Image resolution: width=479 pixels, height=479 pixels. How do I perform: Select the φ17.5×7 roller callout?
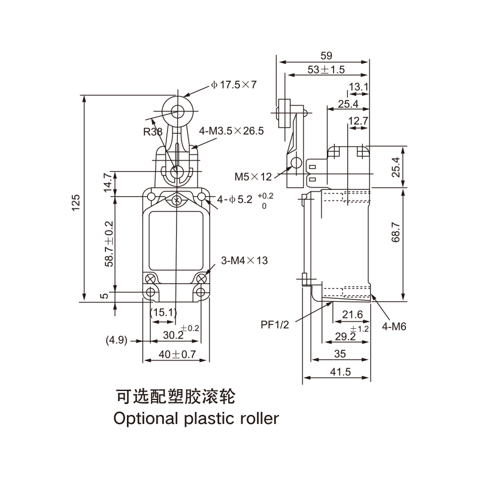pyautogui.click(x=234, y=85)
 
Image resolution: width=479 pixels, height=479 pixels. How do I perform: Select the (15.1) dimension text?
pyautogui.click(x=162, y=312)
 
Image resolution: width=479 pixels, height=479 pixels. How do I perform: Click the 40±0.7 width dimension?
pyautogui.click(x=176, y=354)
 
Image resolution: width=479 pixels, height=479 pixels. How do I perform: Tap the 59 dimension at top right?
pyautogui.click(x=325, y=55)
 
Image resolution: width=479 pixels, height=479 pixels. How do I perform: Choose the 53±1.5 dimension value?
pyautogui.click(x=326, y=69)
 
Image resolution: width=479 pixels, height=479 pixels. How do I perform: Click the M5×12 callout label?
pyautogui.click(x=253, y=176)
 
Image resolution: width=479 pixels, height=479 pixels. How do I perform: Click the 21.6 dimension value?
pyautogui.click(x=352, y=314)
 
